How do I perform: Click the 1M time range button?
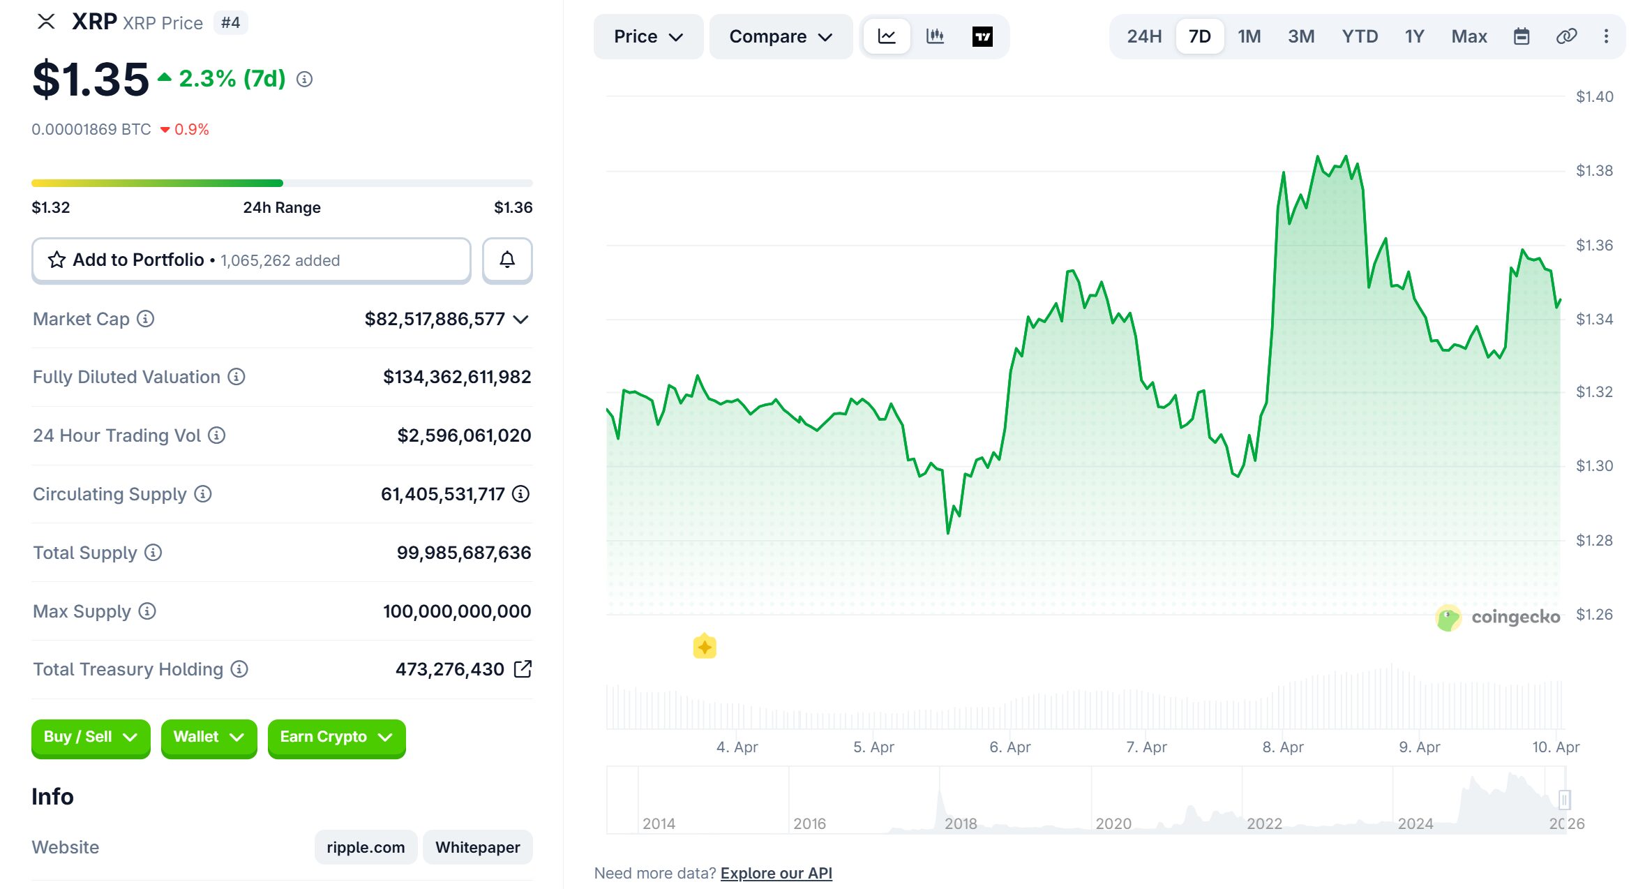coord(1249,36)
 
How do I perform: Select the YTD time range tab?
coord(1359,36)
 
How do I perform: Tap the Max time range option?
coord(1469,36)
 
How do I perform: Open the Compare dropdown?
coord(780,36)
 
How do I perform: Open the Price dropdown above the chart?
coord(647,36)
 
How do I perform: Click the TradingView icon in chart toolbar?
coord(982,36)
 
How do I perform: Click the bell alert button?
coord(507,260)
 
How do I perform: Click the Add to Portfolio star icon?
coord(57,260)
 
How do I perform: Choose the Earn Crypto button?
coord(336,737)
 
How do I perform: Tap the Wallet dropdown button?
coord(209,737)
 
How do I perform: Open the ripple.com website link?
coord(366,847)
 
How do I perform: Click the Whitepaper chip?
coord(477,847)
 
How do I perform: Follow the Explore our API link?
coord(776,873)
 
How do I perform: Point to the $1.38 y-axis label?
coord(1594,171)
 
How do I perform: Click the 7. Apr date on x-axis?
coord(1146,747)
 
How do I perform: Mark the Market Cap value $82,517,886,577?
coord(435,319)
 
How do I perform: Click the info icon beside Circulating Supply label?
coord(203,494)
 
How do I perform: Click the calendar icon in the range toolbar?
coord(1522,36)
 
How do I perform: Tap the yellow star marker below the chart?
coord(705,647)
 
